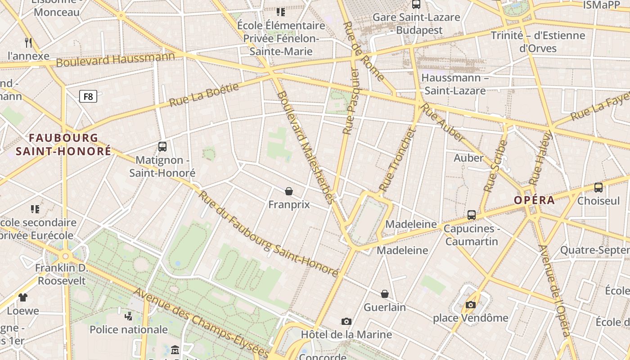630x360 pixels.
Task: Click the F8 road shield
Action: (88, 96)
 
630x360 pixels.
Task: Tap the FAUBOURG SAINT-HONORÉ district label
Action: (63, 144)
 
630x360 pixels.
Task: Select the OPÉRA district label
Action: (535, 200)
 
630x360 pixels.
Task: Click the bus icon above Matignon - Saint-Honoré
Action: (162, 146)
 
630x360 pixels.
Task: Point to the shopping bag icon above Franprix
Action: (289, 191)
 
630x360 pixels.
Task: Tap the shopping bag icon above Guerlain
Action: (385, 294)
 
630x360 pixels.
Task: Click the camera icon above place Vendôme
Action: (471, 305)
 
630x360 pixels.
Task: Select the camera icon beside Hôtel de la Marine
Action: (346, 321)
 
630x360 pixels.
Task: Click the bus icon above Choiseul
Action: (598, 187)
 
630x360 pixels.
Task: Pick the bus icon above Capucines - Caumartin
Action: (472, 215)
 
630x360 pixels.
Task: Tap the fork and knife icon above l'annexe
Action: (28, 43)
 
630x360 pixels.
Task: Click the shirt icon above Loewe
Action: (23, 297)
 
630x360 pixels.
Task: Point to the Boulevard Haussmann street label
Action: (115, 59)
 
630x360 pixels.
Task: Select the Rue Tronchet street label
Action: (396, 160)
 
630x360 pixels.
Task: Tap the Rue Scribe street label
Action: (495, 166)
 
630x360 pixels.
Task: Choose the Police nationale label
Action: (129, 329)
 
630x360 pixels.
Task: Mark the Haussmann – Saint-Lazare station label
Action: (455, 84)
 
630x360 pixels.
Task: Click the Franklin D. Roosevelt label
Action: (61, 274)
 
